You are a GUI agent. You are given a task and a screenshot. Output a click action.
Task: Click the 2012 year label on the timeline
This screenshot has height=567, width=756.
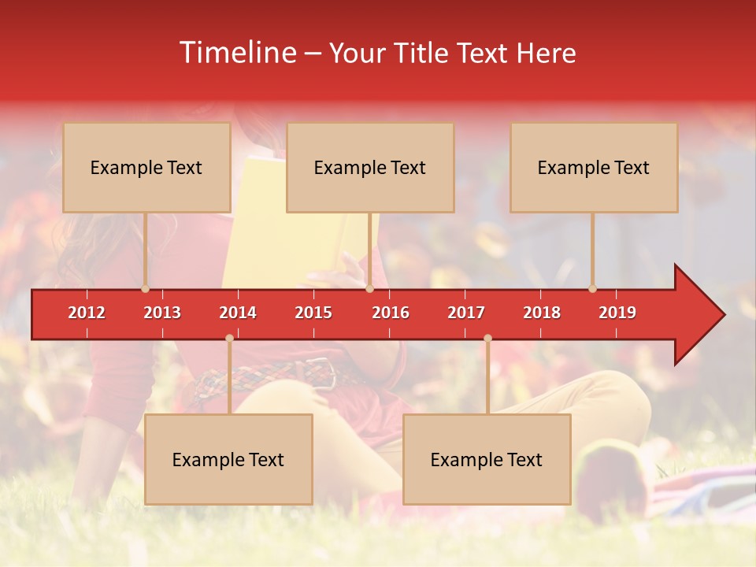tap(87, 313)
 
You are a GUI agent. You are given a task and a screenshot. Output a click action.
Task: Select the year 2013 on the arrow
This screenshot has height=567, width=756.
tap(162, 313)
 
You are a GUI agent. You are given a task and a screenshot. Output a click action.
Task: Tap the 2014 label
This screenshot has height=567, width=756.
tap(238, 313)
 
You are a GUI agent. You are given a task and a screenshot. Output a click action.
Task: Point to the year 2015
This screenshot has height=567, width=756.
tap(313, 313)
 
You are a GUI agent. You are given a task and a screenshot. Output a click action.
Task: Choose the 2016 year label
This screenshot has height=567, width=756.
tap(391, 313)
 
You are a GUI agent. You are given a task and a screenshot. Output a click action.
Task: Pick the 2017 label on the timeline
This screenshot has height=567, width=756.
tap(466, 313)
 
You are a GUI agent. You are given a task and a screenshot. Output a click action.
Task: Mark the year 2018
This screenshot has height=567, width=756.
tap(542, 313)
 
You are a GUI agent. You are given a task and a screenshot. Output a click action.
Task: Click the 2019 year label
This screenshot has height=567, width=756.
tap(617, 313)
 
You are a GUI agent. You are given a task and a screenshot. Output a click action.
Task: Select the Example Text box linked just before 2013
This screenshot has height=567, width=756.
tap(146, 167)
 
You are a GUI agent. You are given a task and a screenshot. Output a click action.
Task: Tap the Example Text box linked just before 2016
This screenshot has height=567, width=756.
tap(370, 167)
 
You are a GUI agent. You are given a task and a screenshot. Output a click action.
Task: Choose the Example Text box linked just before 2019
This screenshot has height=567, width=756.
tap(594, 167)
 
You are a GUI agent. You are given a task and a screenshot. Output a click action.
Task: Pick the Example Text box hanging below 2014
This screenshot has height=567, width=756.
tap(228, 459)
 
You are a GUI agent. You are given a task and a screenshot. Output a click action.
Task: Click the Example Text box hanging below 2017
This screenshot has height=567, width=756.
tap(487, 459)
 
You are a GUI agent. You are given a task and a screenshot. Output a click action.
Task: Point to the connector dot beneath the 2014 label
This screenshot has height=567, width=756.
tap(229, 339)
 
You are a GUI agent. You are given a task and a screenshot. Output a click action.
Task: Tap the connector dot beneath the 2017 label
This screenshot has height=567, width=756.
tap(487, 339)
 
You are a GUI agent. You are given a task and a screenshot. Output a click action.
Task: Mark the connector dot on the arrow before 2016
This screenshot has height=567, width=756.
tap(369, 289)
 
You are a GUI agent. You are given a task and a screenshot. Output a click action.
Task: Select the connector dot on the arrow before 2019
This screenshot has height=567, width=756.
tap(592, 289)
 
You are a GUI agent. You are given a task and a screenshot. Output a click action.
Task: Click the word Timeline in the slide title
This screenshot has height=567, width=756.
tap(237, 53)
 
